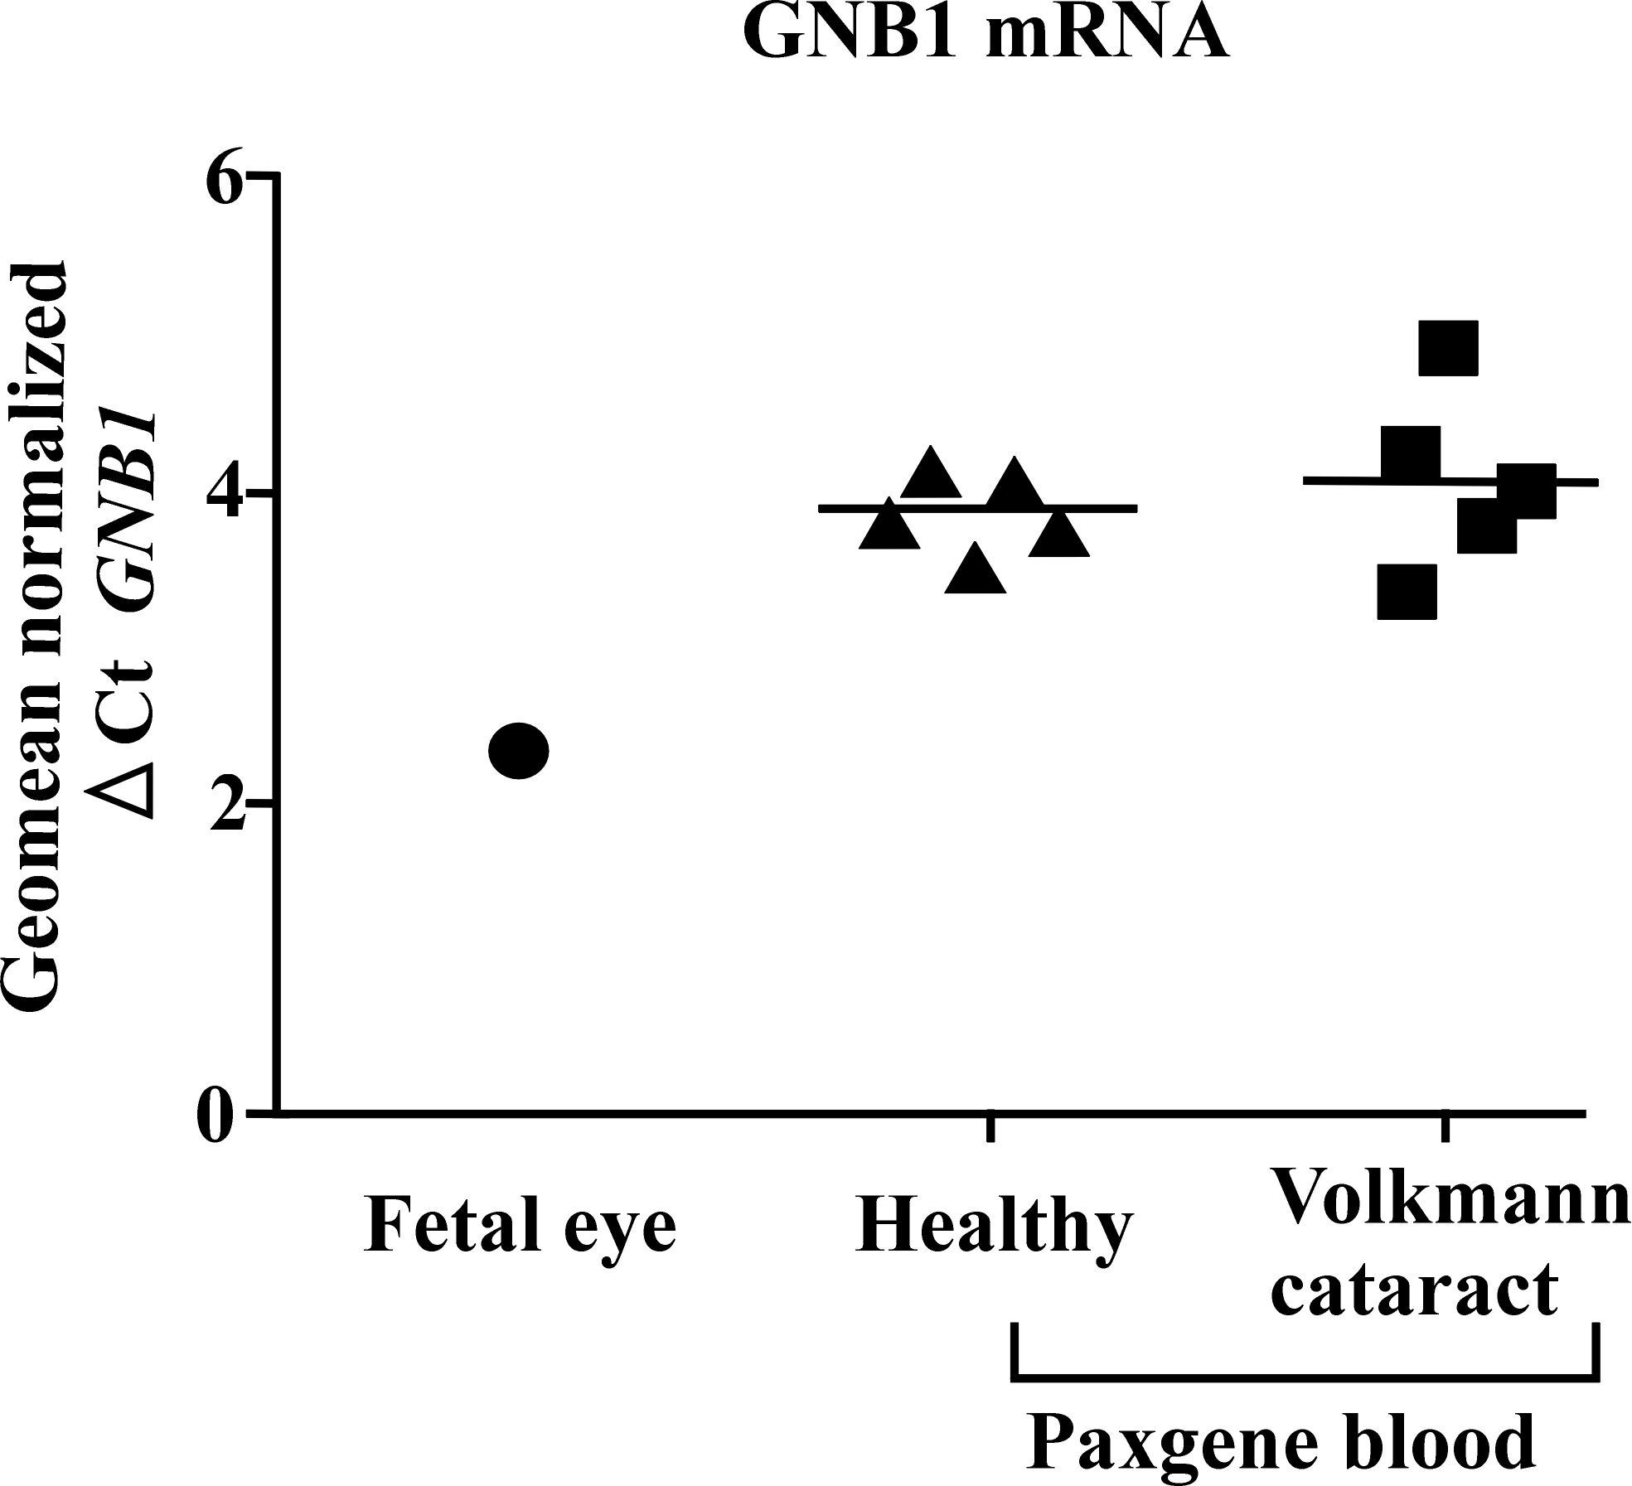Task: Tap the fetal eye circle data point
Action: pos(519,751)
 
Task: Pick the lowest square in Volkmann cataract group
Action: pos(1407,592)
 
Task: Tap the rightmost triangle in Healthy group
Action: pos(1058,535)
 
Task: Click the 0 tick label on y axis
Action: pos(217,1114)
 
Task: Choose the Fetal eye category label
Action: pos(520,1225)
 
